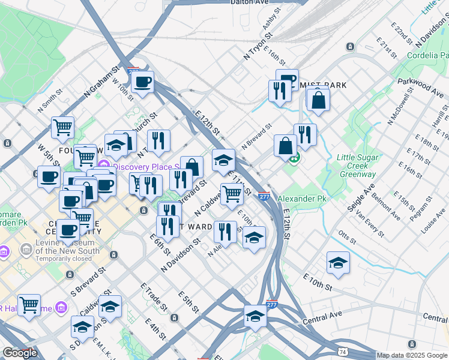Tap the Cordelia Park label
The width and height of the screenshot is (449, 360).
(427, 55)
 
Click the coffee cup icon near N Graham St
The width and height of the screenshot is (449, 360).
(142, 82)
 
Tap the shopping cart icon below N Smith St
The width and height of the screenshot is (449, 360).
(62, 127)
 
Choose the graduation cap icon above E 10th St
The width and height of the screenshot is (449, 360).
(338, 262)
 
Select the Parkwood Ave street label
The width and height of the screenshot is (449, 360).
(420, 85)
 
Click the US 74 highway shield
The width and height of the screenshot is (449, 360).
(343, 350)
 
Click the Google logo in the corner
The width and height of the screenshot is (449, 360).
(20, 353)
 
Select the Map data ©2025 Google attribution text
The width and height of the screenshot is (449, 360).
(412, 355)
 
